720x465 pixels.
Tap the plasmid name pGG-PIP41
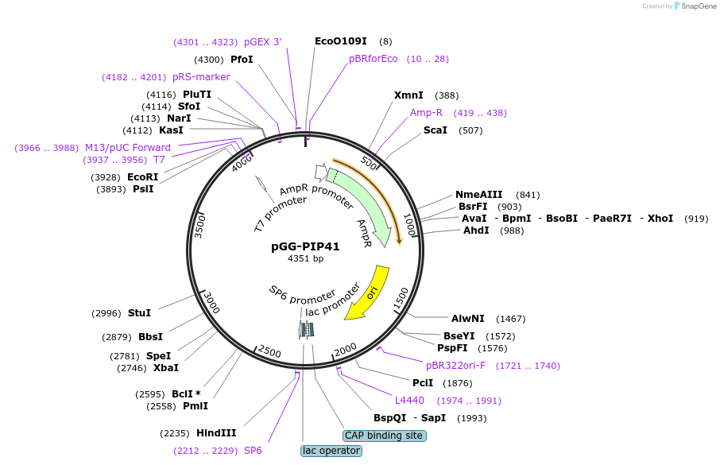pos(305,246)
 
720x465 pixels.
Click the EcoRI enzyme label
pos(143,176)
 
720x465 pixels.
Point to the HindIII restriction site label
pos(216,433)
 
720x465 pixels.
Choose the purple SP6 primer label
pos(253,451)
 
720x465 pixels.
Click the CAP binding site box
pos(385,436)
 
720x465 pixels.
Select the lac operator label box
pos(331,451)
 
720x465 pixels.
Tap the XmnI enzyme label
pos(408,95)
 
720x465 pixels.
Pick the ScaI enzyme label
pos(435,130)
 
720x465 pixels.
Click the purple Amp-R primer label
pos(427,113)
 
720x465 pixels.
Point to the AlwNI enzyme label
pos(468,319)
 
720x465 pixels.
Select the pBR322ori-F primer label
pos(455,366)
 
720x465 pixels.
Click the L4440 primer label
pos(411,401)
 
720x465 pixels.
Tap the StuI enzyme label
pos(139,313)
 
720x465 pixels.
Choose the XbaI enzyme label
pos(166,368)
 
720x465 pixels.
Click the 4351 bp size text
pos(305,258)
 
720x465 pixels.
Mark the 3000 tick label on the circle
pos(211,302)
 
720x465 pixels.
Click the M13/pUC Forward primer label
pos(128,148)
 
